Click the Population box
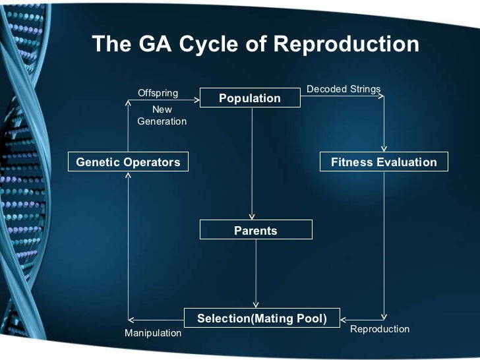click(x=250, y=98)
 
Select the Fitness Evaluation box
click(x=384, y=162)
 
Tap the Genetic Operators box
click(x=129, y=162)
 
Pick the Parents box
click(x=256, y=231)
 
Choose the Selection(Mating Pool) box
click(x=262, y=318)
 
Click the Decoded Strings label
click(x=344, y=89)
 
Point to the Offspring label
click(x=158, y=93)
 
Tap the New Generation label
click(x=162, y=115)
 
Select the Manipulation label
click(x=153, y=333)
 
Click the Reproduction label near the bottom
click(x=380, y=329)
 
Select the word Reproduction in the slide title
click(x=345, y=44)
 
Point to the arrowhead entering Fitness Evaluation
click(x=384, y=149)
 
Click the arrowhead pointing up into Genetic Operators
click(x=129, y=175)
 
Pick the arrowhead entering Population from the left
click(x=196, y=100)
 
